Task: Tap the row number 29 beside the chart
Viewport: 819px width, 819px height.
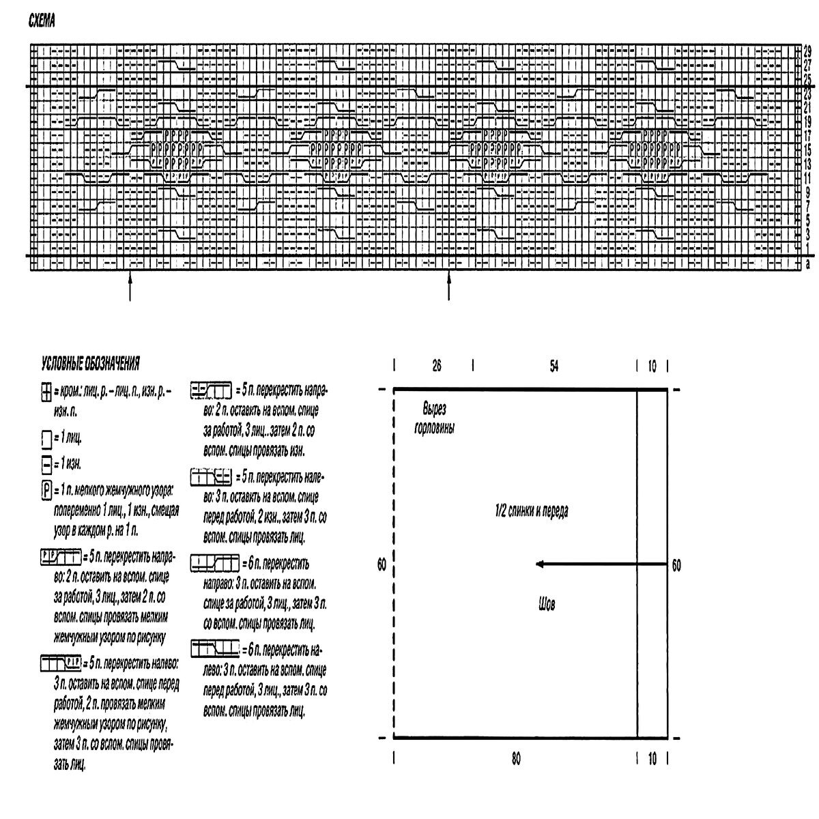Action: pos(807,51)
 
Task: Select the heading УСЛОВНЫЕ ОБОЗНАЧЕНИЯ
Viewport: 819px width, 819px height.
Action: pos(91,362)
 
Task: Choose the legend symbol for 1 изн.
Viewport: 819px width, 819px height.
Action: pos(46,465)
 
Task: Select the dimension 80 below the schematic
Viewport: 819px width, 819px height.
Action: pos(515,758)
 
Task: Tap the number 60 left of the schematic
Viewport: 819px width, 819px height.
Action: pos(382,565)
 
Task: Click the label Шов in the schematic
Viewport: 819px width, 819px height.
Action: pos(547,604)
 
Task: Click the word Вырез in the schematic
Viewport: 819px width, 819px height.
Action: pos(434,409)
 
